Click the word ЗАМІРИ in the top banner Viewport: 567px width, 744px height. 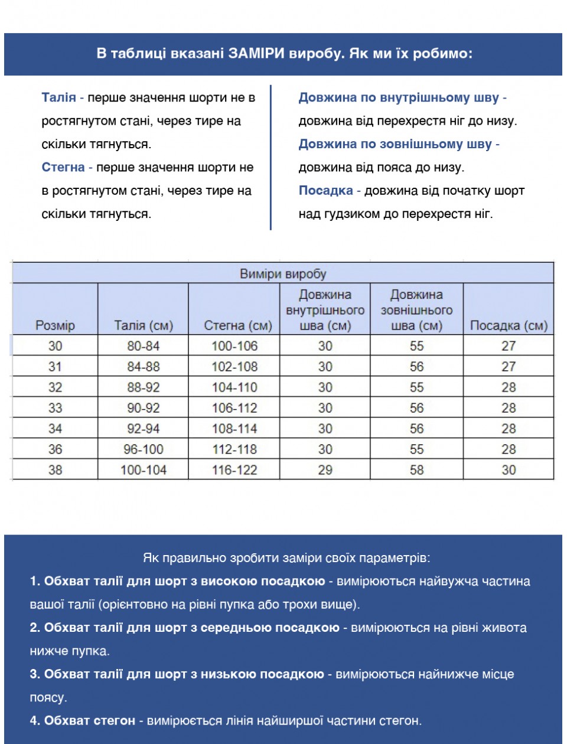pos(257,54)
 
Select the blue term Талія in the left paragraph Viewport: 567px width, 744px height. pos(58,97)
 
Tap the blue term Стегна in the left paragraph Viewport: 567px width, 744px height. pos(63,167)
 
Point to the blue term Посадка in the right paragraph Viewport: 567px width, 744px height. pos(325,190)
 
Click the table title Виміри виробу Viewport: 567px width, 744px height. pos(283,273)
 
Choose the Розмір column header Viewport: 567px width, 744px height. pos(55,325)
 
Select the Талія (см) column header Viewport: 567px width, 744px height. pos(144,325)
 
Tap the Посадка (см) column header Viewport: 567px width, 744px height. pos(509,325)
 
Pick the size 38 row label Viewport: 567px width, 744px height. pos(55,470)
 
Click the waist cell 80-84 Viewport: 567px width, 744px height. pos(144,346)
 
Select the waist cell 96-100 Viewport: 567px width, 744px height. pos(144,449)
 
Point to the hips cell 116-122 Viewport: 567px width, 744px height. pos(234,470)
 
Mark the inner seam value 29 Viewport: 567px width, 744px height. pos(325,470)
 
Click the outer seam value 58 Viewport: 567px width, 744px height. pos(416,470)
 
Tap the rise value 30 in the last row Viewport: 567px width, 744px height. pos(509,470)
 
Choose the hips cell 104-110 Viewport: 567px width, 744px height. pos(234,387)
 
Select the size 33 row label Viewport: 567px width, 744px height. pos(55,408)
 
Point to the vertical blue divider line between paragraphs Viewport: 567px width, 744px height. pos(271,157)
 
